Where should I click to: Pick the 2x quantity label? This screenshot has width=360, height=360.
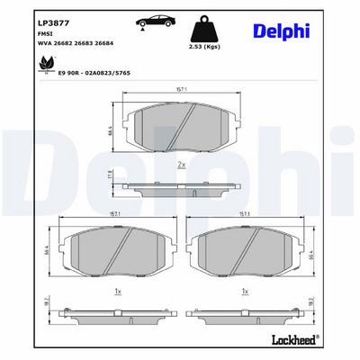181,166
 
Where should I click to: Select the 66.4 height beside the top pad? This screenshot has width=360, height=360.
111,131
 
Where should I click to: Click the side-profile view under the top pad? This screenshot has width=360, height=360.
182,187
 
